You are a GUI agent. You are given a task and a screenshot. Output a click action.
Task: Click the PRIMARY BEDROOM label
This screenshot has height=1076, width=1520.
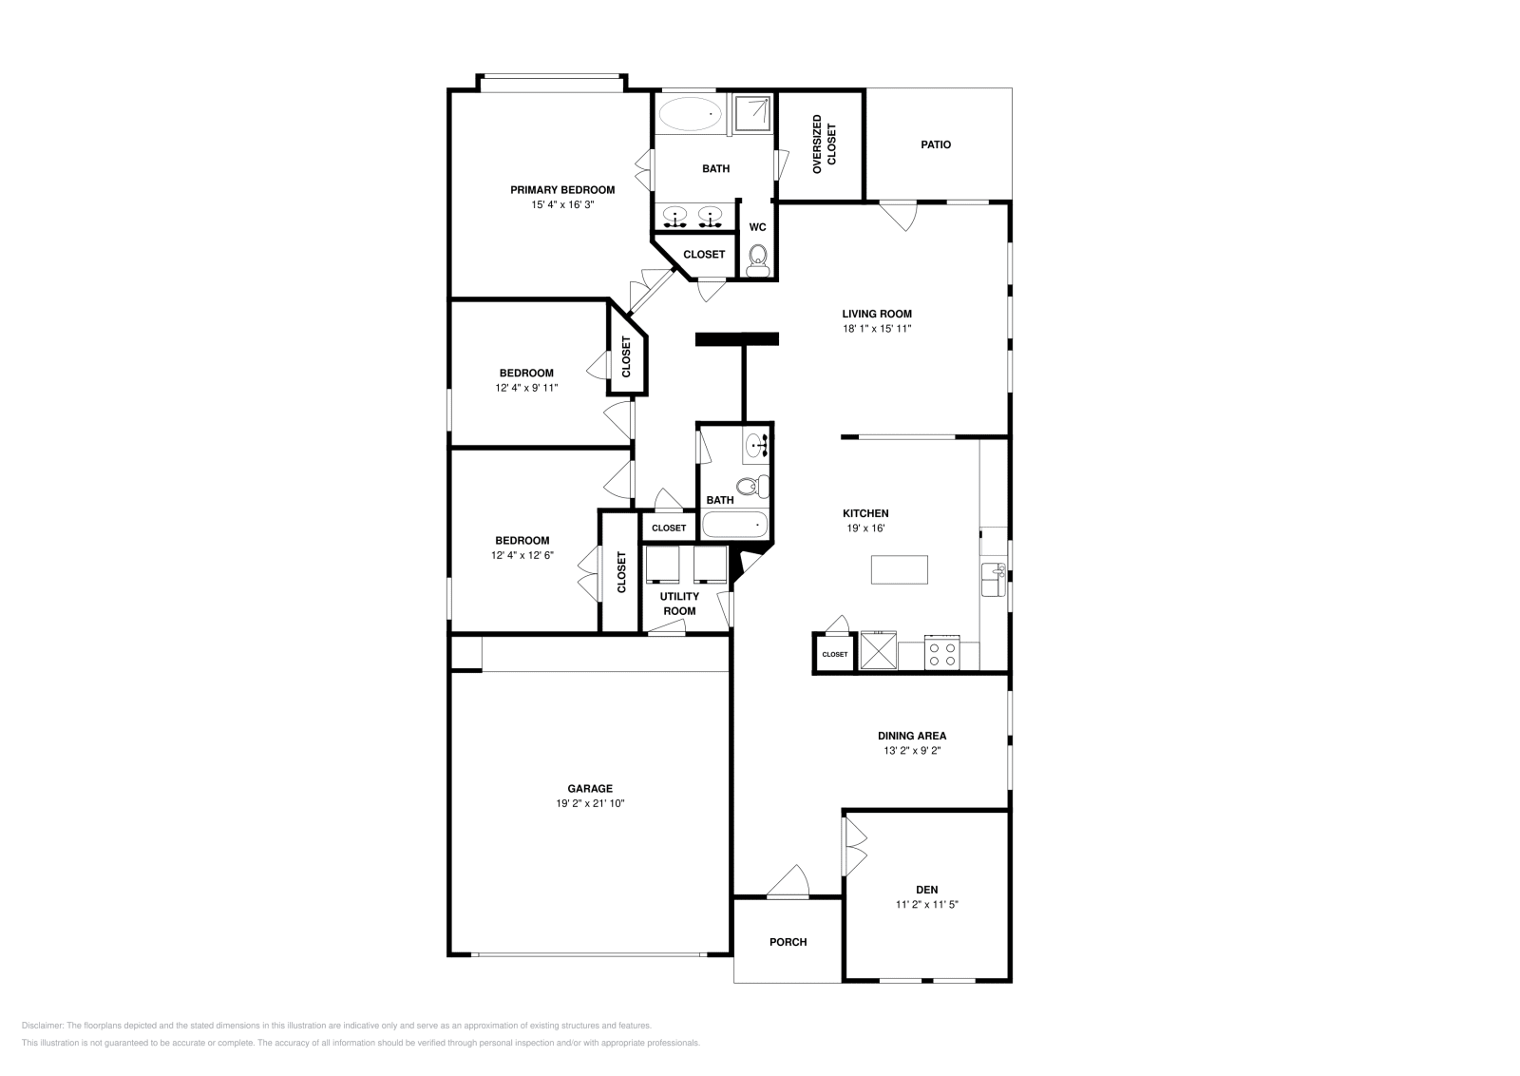pyautogui.click(x=561, y=189)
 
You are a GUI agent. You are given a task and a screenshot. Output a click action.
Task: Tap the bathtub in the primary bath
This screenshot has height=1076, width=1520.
pyautogui.click(x=690, y=114)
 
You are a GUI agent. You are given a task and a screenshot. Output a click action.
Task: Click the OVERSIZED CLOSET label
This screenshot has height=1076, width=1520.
pyautogui.click(x=824, y=144)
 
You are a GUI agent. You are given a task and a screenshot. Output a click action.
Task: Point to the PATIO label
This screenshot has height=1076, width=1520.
pyautogui.click(x=935, y=144)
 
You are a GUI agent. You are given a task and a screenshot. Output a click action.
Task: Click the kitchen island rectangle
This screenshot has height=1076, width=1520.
pyautogui.click(x=900, y=569)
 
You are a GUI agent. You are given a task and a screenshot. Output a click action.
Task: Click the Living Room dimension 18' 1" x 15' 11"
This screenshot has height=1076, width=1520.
pyautogui.click(x=877, y=329)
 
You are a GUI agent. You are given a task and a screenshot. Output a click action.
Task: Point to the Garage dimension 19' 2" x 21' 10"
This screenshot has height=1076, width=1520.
pyautogui.click(x=590, y=803)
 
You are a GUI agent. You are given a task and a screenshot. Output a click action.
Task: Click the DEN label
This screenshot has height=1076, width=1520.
pyautogui.click(x=926, y=890)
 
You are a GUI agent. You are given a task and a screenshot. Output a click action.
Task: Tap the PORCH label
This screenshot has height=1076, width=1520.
pyautogui.click(x=788, y=942)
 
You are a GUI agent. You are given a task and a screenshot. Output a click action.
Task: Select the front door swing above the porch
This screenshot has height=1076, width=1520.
pyautogui.click(x=789, y=882)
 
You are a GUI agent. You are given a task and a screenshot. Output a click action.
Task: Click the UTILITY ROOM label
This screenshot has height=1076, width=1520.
pyautogui.click(x=679, y=604)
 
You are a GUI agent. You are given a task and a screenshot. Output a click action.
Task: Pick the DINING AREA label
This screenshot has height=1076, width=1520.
pyautogui.click(x=911, y=735)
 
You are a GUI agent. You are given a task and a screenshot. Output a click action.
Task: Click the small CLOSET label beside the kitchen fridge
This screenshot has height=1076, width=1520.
pyautogui.click(x=834, y=654)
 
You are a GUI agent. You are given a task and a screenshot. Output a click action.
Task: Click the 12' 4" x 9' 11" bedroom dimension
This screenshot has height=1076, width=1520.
pyautogui.click(x=526, y=388)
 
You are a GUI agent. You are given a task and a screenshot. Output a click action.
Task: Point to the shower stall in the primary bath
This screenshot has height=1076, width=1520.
pyautogui.click(x=754, y=112)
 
